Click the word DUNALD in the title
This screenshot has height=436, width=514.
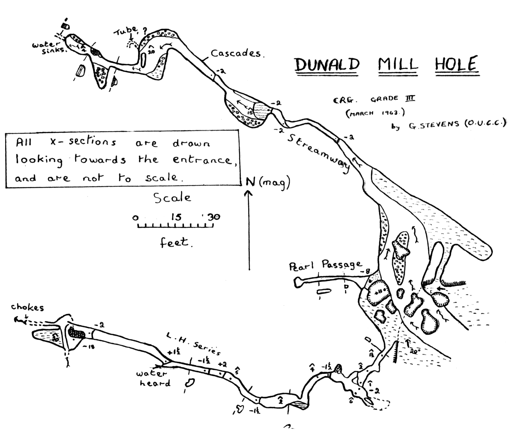327,65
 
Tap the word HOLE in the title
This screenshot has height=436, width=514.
456,65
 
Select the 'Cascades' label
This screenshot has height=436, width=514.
236,54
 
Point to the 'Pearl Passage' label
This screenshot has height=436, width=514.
325,265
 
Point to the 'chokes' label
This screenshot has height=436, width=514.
27,307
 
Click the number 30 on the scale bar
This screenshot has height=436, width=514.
213,217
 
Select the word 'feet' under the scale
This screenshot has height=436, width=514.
175,243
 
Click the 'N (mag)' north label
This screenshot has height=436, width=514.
268,182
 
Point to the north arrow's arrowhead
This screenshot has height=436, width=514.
249,193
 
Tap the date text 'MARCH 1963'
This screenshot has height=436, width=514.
375,113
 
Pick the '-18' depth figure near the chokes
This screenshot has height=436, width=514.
90,346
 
